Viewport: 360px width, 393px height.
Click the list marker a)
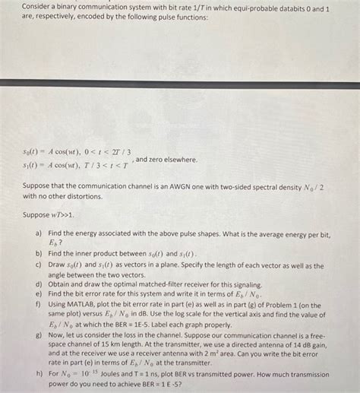(x=38, y=236)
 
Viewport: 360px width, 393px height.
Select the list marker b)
(x=38, y=253)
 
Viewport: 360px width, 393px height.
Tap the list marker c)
(x=38, y=264)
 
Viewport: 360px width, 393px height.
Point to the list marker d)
(x=38, y=283)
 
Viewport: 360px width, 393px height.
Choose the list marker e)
(x=38, y=293)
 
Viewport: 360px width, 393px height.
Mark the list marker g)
(x=38, y=334)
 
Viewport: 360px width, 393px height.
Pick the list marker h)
(x=38, y=374)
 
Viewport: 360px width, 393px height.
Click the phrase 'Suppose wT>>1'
(x=52, y=214)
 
